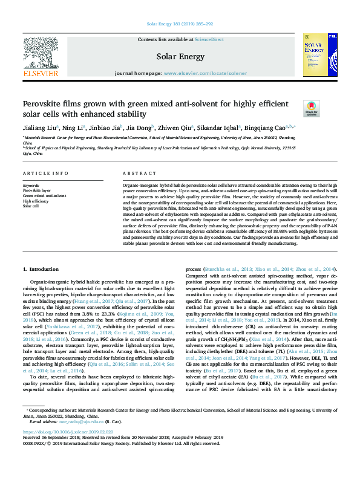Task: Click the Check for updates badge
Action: [310, 109]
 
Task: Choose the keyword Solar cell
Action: [31, 206]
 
